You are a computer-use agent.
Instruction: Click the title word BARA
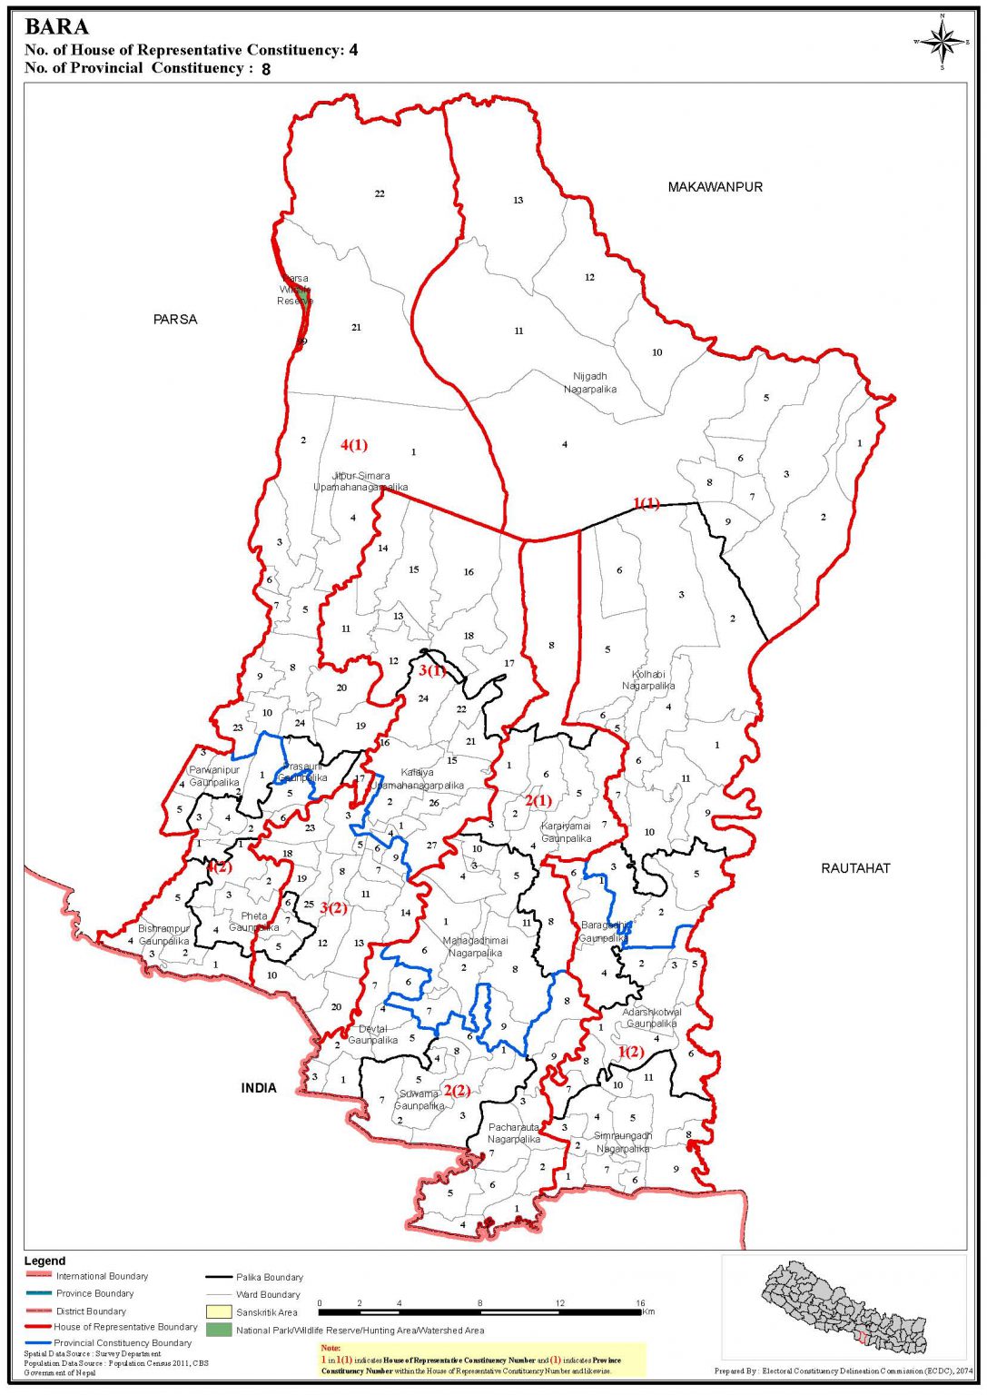click(x=56, y=27)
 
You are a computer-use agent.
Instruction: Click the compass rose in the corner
click(x=943, y=42)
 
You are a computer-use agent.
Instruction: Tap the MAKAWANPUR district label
click(x=715, y=187)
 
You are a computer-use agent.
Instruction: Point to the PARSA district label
click(x=175, y=320)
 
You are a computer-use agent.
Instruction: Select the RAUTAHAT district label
click(x=855, y=868)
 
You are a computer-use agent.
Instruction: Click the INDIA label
click(x=259, y=1088)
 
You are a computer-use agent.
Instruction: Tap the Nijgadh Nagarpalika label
click(x=590, y=382)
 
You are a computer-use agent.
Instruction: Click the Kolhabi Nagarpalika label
click(x=648, y=680)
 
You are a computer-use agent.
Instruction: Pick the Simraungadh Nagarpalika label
click(x=623, y=1143)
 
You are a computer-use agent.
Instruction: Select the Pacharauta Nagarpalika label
click(x=514, y=1133)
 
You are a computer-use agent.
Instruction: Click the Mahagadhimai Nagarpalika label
click(x=475, y=947)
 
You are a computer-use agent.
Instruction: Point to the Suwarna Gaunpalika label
click(x=419, y=1100)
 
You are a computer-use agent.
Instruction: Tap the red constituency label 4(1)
click(x=354, y=445)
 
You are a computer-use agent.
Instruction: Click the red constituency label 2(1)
click(x=538, y=801)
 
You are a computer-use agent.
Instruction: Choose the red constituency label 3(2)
click(x=333, y=908)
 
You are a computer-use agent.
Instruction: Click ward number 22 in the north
click(x=380, y=193)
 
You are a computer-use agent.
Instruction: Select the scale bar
click(x=480, y=1312)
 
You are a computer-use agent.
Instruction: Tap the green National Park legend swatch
click(x=219, y=1331)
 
